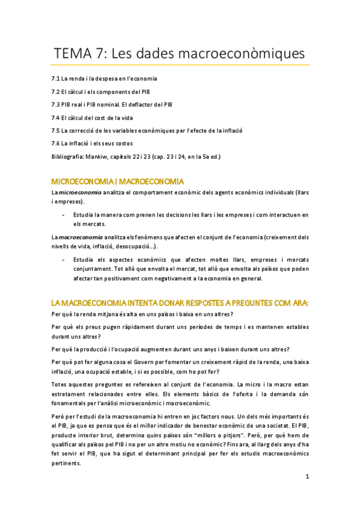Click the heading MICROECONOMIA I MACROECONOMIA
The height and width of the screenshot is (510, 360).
coord(117,182)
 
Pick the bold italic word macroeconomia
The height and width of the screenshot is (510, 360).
coord(77,238)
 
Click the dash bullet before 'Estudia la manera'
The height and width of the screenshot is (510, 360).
coord(64,215)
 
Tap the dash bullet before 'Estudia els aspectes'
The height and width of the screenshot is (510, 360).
coord(64,260)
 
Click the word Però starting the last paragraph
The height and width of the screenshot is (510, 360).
coord(59,416)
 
